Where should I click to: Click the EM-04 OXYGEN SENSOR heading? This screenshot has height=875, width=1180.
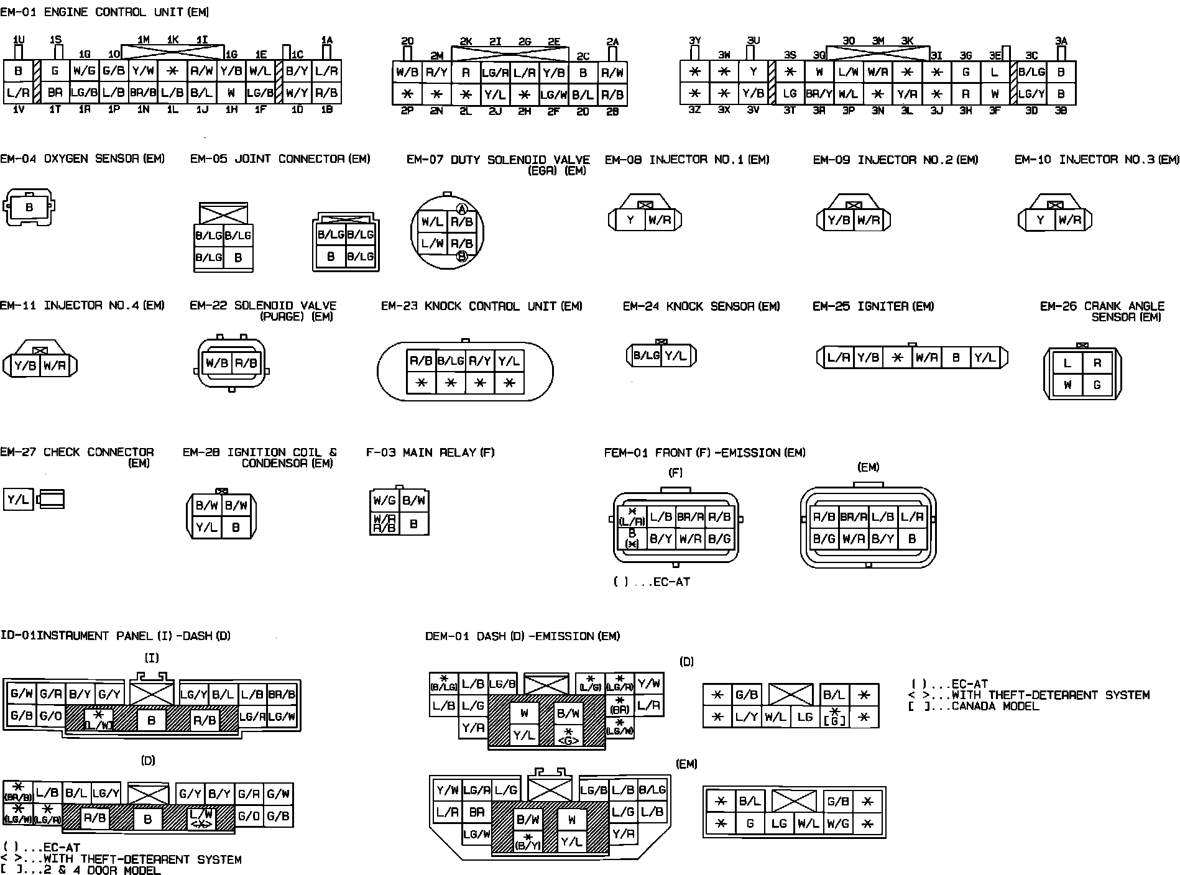coord(82,159)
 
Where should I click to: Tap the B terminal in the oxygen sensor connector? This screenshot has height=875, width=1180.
coord(29,208)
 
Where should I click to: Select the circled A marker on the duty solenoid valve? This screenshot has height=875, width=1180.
coord(462,209)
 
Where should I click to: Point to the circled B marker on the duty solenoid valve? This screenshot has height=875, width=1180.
coord(462,256)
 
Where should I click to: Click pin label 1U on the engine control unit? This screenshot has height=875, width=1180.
coord(19,40)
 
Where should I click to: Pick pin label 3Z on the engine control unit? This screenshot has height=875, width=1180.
coord(694,110)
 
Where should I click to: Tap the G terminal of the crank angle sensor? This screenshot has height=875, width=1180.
coord(1097,385)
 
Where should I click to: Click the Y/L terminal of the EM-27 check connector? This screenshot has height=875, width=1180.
coord(18,500)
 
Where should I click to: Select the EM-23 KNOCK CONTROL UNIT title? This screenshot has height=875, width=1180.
coord(481,306)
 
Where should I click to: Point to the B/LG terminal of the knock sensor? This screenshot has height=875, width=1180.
coord(646,356)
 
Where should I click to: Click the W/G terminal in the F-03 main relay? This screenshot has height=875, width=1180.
coord(384,500)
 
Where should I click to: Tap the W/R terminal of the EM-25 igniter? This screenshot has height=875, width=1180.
coord(926,358)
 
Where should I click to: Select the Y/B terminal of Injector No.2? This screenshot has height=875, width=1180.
coord(839,220)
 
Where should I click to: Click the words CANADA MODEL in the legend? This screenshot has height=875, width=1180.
coord(995,707)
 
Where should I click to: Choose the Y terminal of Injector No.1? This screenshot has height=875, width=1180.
coord(630,220)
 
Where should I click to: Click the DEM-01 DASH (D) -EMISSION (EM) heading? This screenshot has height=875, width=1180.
coord(522,636)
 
